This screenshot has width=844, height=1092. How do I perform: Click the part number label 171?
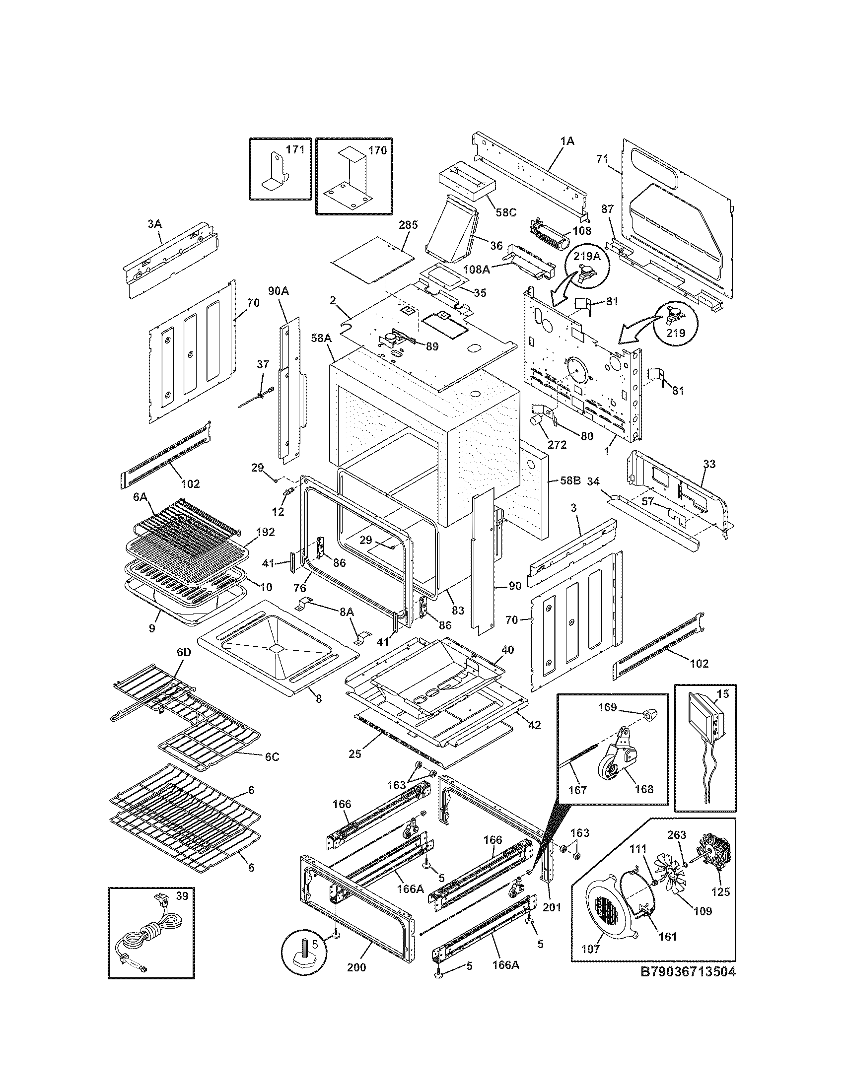295,150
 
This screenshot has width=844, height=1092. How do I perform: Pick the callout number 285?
408,225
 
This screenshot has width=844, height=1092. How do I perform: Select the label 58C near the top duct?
505,212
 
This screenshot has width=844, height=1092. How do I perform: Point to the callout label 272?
557,445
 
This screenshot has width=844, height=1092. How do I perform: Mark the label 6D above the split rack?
184,653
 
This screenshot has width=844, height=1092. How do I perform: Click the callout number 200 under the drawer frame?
356,967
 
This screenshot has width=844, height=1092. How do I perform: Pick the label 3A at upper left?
155,224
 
